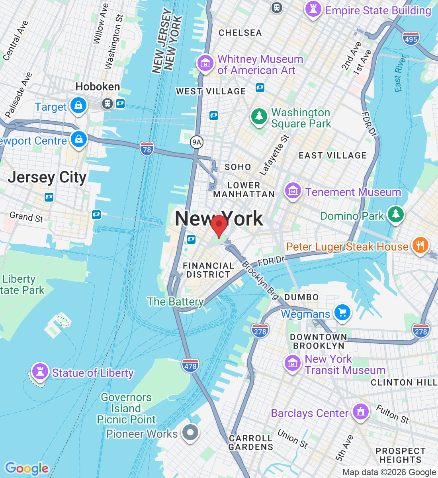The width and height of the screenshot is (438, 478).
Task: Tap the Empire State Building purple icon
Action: (x=313, y=9)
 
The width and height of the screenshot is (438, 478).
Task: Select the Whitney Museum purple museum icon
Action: (x=205, y=63)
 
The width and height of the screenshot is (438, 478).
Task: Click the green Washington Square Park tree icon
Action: (x=259, y=117)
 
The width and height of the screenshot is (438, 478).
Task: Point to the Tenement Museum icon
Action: (x=293, y=191)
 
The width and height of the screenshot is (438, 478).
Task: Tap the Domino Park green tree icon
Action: (x=395, y=214)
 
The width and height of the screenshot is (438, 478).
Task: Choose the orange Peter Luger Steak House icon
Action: (x=420, y=245)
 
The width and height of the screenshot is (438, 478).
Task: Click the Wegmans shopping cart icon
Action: (x=342, y=312)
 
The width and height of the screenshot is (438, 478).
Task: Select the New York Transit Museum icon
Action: (x=293, y=363)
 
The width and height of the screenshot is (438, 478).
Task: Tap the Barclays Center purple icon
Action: (x=361, y=411)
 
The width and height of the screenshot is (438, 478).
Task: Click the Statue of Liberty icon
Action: (x=40, y=371)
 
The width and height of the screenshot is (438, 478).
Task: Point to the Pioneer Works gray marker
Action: (x=190, y=432)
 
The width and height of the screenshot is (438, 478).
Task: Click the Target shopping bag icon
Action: (x=78, y=106)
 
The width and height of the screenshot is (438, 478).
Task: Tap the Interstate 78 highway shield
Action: (x=147, y=149)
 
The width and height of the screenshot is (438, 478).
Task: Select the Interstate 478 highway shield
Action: (x=190, y=366)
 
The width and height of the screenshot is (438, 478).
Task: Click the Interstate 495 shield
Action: (x=411, y=39)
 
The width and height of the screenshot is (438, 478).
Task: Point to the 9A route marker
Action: (x=196, y=142)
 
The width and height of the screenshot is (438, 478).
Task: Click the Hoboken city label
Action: (x=98, y=86)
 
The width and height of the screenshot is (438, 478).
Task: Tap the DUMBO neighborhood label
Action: (x=301, y=297)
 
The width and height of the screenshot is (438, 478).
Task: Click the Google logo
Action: (x=27, y=468)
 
